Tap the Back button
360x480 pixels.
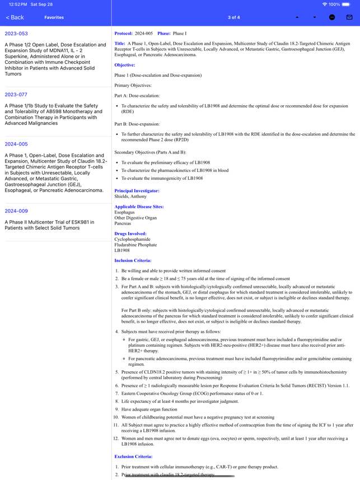[15, 17]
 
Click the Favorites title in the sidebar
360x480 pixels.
[54, 17]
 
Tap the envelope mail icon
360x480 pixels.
[349, 17]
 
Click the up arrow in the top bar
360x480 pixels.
[297, 17]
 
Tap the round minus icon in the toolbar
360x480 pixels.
[332, 17]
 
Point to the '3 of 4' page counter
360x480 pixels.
[234, 17]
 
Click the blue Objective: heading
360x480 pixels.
[125, 65]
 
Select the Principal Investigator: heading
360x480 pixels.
[137, 191]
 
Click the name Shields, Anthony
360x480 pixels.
[130, 197]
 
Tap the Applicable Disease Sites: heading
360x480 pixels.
[139, 207]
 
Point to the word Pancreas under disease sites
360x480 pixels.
[123, 223]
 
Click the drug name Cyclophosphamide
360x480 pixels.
[133, 239]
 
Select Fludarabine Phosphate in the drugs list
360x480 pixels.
[135, 245]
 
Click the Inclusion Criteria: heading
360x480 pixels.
[133, 260]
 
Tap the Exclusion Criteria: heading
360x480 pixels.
[133, 456]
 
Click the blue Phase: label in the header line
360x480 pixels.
[164, 34]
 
